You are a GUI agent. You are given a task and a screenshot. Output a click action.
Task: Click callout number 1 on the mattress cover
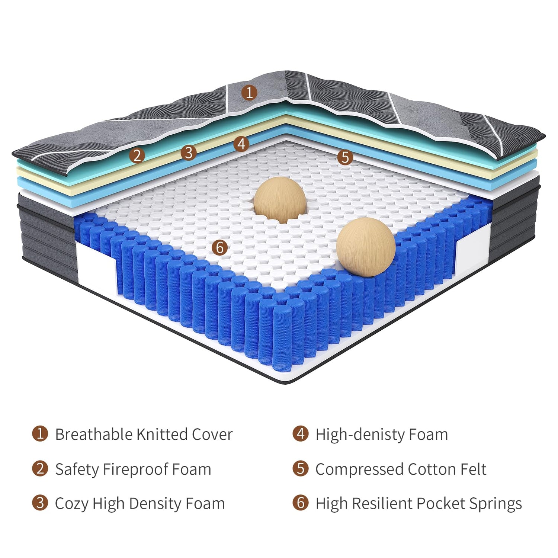pyautogui.click(x=249, y=92)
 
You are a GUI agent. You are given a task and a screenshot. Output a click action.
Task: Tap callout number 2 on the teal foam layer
pyautogui.click(x=137, y=155)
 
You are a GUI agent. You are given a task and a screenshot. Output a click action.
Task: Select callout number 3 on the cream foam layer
pyautogui.click(x=189, y=153)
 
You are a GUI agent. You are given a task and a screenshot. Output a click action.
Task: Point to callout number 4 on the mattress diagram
pyautogui.click(x=241, y=144)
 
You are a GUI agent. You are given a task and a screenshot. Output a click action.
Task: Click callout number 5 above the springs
pyautogui.click(x=345, y=157)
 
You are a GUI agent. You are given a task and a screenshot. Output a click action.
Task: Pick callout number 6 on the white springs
pyautogui.click(x=219, y=247)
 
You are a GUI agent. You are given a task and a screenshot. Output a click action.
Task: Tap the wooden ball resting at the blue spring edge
pyautogui.click(x=366, y=247)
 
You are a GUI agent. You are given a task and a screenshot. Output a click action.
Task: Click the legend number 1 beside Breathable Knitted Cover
pyautogui.click(x=40, y=434)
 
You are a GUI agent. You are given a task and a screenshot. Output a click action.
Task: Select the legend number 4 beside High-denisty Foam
pyautogui.click(x=300, y=434)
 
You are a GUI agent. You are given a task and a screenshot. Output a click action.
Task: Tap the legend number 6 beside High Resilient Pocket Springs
pyautogui.click(x=300, y=503)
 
